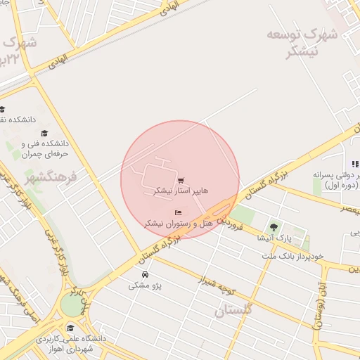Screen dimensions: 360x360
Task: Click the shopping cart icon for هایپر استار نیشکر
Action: [x=181, y=181]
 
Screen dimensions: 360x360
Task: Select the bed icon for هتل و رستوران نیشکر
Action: [x=178, y=212]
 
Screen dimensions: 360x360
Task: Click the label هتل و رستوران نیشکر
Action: [x=179, y=223]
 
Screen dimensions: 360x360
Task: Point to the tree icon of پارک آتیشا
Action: [x=274, y=226]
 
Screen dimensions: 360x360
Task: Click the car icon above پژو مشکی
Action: [x=145, y=274]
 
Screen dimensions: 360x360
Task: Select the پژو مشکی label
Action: [x=143, y=285]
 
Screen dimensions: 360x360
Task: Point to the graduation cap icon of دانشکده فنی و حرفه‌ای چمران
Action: [x=44, y=134]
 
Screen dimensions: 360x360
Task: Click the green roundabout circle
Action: [x=71, y=304]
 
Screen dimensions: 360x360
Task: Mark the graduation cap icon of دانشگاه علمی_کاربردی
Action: [x=70, y=328]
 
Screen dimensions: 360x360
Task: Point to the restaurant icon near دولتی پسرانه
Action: [x=356, y=164]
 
